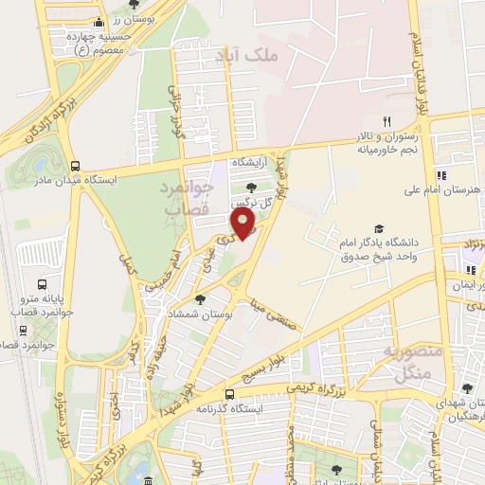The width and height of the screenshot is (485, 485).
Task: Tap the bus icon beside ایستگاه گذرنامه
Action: pos(229,394)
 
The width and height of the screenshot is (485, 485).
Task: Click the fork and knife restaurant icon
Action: pos(386,121)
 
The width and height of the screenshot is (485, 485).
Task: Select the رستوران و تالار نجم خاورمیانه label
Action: pos(386,142)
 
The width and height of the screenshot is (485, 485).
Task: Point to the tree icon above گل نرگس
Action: pos(250,188)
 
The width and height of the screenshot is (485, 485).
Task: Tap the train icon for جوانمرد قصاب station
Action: pos(23,331)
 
